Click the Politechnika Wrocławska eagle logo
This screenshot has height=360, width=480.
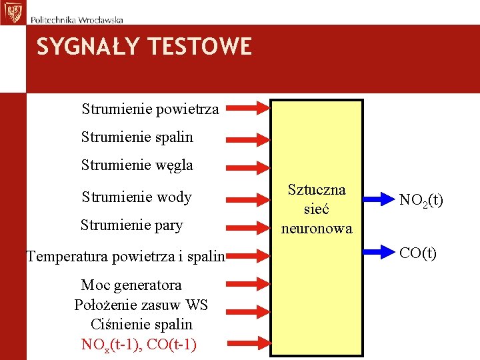(x=12, y=12)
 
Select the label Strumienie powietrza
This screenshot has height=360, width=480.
(x=150, y=109)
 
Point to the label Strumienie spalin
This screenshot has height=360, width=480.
(x=137, y=137)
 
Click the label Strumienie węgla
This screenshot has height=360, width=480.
(x=137, y=165)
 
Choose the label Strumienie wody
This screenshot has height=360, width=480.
(x=137, y=197)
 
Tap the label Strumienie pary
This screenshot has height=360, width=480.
(x=131, y=225)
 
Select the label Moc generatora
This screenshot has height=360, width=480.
(x=131, y=285)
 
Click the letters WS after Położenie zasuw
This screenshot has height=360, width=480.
(x=197, y=305)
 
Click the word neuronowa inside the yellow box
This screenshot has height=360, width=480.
(x=317, y=229)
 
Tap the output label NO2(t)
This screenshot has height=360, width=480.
(x=421, y=200)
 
